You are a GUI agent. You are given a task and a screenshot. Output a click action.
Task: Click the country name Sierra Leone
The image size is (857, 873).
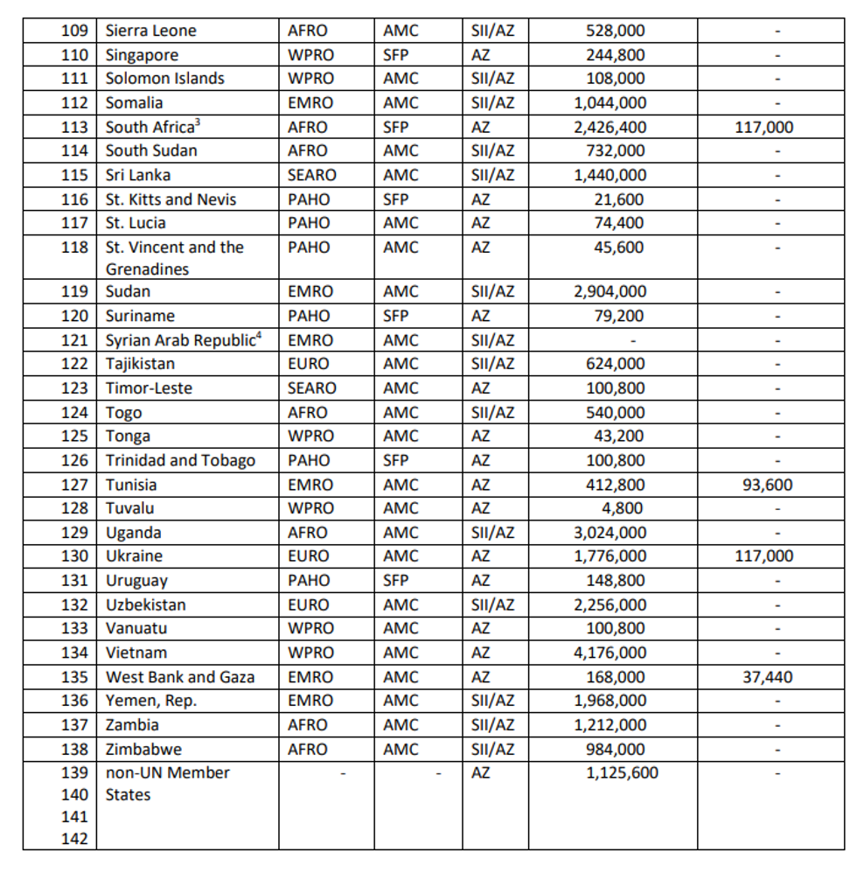[x=150, y=31]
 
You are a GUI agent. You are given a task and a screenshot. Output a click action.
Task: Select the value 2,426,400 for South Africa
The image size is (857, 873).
[x=610, y=127]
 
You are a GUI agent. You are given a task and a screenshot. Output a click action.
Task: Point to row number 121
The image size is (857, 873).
[x=74, y=340]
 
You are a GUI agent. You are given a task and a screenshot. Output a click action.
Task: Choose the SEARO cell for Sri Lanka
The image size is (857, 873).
[x=311, y=175]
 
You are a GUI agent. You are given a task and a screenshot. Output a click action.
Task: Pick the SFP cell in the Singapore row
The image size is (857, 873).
[x=395, y=54]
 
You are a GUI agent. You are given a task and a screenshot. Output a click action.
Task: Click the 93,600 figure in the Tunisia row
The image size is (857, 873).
[x=767, y=485]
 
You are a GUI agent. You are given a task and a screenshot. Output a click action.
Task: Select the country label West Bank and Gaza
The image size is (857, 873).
[x=180, y=677]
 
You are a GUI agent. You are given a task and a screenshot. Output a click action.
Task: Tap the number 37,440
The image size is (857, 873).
[x=767, y=677]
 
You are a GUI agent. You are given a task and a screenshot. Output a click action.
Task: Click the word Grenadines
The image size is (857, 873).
[x=147, y=269]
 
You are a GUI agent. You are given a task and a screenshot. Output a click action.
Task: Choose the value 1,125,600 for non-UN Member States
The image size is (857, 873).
[x=622, y=773]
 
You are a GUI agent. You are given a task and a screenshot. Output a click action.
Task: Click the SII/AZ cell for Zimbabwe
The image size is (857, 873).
[x=492, y=750]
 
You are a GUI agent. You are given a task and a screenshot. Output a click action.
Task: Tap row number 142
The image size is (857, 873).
[x=74, y=839]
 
